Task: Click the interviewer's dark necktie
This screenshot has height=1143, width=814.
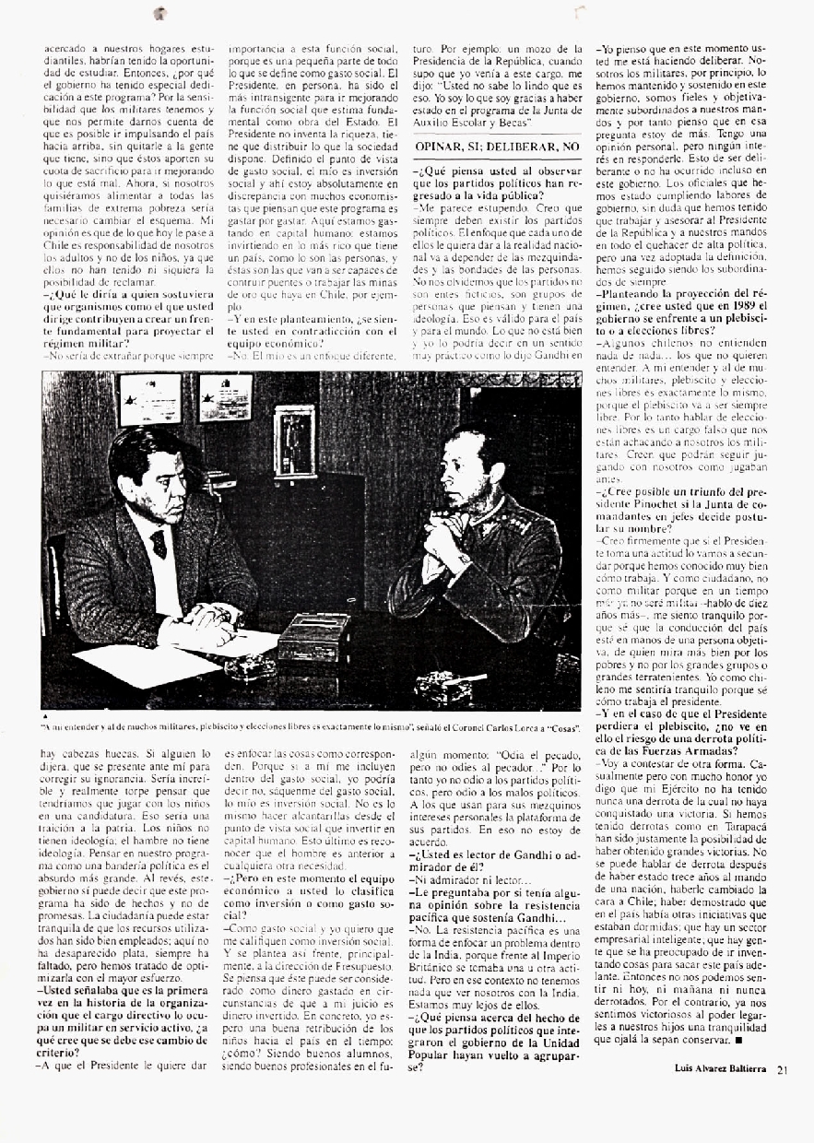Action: click(x=159, y=543)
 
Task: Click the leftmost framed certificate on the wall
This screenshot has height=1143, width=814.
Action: click(x=149, y=398)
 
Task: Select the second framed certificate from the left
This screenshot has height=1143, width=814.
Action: click(x=225, y=397)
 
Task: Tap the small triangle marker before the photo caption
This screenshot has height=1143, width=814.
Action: click(x=45, y=714)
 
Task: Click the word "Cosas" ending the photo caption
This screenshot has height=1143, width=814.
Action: click(x=560, y=725)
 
